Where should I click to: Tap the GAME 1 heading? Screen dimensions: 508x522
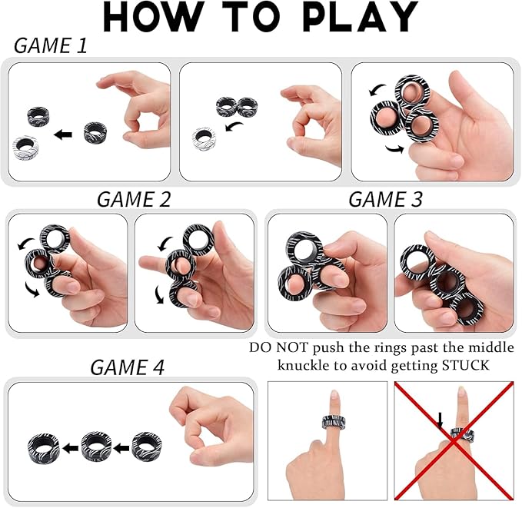pyautogui.click(x=51, y=46)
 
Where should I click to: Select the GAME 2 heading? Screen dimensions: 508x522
pyautogui.click(x=133, y=199)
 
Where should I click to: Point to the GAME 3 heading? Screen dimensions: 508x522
pyautogui.click(x=385, y=199)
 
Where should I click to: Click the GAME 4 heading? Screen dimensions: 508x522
pyautogui.click(x=127, y=367)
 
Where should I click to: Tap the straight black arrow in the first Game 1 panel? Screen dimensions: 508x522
pyautogui.click(x=62, y=134)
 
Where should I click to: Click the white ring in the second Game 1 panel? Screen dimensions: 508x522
pyautogui.click(x=204, y=139)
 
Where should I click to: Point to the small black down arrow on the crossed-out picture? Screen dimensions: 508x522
pyautogui.click(x=441, y=420)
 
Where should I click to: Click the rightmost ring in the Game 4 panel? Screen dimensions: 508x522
pyautogui.click(x=145, y=445)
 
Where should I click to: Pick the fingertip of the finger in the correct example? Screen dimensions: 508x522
pyautogui.click(x=334, y=396)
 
